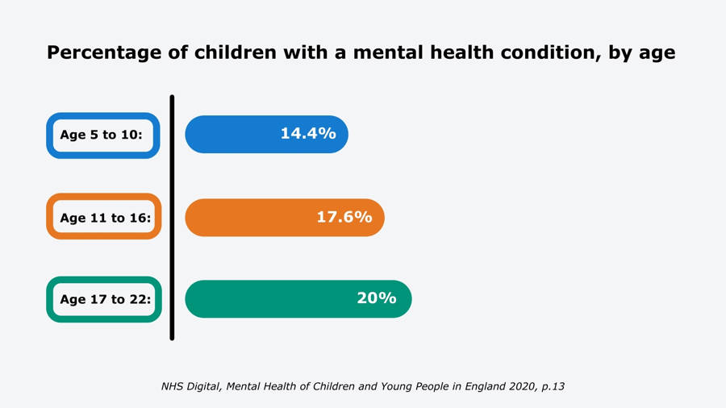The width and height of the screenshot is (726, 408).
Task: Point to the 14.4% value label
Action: pos(308,134)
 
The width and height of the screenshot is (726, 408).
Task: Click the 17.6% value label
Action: pos(344,218)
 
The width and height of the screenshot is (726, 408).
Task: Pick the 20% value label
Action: pos(377,298)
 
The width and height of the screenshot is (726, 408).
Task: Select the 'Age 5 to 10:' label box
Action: pos(102,135)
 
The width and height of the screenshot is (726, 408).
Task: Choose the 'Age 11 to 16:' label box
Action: pos(104,218)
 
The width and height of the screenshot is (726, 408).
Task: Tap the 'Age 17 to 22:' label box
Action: pos(104,300)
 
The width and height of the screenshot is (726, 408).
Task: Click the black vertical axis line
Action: pos(172,218)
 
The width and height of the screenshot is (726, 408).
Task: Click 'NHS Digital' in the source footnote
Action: pos(191,387)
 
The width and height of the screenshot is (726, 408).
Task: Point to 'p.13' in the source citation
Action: pos(553,387)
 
